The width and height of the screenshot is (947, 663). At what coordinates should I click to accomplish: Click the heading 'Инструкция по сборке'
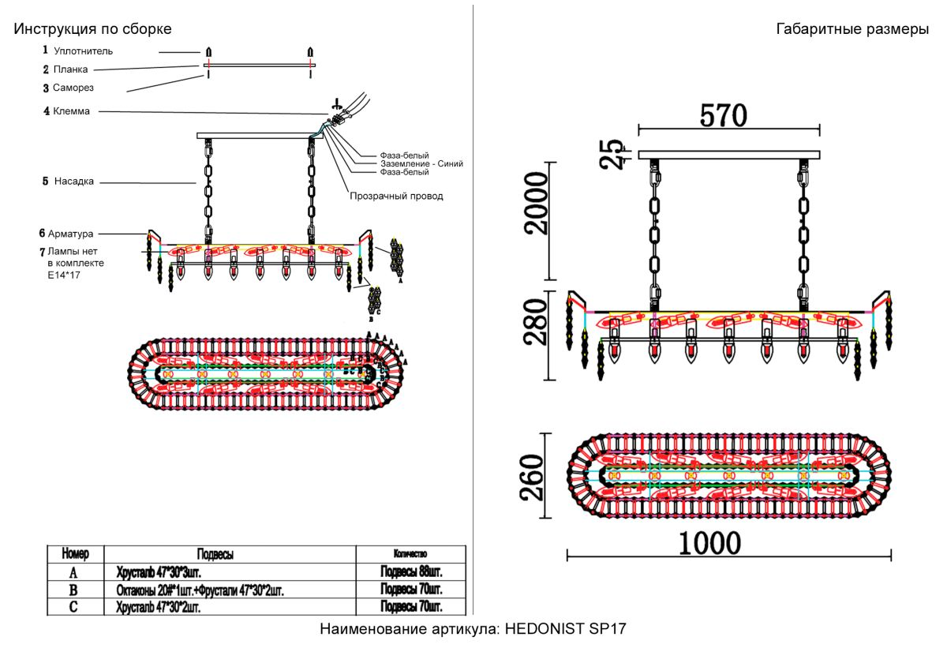point(92,29)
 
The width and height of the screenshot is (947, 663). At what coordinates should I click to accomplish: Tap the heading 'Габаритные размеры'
point(852,29)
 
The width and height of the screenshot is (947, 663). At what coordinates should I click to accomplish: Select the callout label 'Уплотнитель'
point(83,51)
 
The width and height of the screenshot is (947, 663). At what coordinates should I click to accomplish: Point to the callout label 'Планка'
point(70,69)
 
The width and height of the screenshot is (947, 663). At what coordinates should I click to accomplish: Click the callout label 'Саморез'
point(73,88)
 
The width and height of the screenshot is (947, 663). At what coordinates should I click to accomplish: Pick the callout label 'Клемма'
point(71,111)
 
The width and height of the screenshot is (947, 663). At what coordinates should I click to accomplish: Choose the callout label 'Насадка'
point(74,181)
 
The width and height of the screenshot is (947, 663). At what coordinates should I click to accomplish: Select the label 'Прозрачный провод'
point(396,196)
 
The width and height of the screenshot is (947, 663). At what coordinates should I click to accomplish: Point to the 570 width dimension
point(723,116)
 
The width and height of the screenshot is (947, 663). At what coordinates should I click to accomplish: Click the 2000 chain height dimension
point(537,203)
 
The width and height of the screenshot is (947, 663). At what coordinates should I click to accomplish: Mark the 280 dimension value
point(537,323)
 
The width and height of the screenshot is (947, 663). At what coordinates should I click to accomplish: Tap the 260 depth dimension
point(533,477)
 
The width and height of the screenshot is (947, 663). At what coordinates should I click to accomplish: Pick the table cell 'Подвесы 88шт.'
point(411,571)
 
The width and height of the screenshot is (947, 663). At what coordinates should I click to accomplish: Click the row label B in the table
point(73,590)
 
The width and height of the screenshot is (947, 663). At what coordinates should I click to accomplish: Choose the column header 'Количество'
point(410,554)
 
